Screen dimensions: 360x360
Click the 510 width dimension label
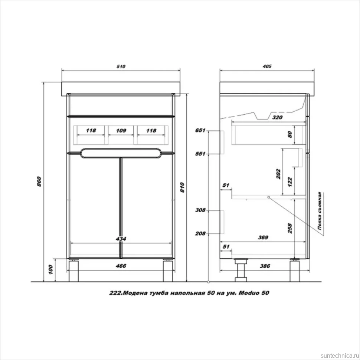coord(121,66)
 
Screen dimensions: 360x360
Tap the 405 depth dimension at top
coord(267,66)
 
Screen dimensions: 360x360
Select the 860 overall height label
coord(39,181)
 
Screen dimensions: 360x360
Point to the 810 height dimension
coord(182,187)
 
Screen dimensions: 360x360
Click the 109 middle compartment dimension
coord(121,130)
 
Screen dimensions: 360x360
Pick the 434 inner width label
coord(121,239)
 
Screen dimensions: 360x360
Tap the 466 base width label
coord(121,266)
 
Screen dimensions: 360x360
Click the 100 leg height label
coord(51,269)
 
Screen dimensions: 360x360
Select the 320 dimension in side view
coord(277,117)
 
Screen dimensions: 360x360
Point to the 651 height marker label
coord(200,130)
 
